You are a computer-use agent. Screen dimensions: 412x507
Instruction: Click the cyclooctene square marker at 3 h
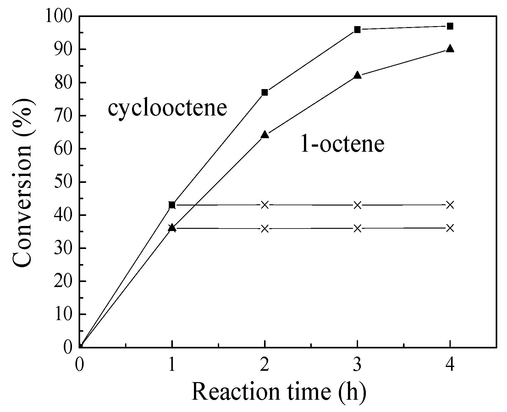pyautogui.click(x=357, y=30)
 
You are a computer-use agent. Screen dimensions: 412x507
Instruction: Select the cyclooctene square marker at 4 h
pyautogui.click(x=450, y=26)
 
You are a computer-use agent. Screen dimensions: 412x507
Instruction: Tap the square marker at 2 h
pyautogui.click(x=265, y=92)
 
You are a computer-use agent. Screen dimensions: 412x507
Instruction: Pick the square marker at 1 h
pyautogui.click(x=172, y=205)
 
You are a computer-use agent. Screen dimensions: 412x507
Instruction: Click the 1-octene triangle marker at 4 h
pyautogui.click(x=450, y=48)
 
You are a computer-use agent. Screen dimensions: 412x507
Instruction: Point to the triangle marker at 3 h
pyautogui.click(x=357, y=75)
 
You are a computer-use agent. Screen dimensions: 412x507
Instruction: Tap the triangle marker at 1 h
pyautogui.click(x=172, y=228)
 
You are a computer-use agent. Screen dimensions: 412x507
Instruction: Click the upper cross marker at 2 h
pyautogui.click(x=265, y=205)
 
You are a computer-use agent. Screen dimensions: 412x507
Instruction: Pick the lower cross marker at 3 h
pyautogui.click(x=357, y=229)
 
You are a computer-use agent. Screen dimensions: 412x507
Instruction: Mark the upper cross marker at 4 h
pyautogui.click(x=450, y=205)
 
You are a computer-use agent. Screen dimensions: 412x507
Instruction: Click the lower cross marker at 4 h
pyautogui.click(x=450, y=228)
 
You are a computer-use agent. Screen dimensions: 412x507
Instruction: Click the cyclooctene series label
pyautogui.click(x=167, y=108)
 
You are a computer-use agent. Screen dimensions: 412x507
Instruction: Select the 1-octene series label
pyautogui.click(x=342, y=144)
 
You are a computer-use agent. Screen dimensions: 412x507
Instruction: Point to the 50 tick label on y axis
pyautogui.click(x=64, y=182)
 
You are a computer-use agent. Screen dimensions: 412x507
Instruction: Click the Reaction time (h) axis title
pyautogui.click(x=279, y=392)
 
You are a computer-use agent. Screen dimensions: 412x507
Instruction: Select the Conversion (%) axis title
pyautogui.click(x=23, y=182)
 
